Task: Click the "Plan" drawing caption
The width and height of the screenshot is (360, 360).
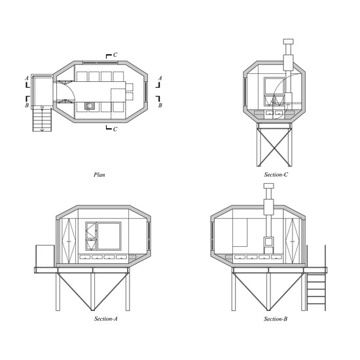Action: [x=99, y=175]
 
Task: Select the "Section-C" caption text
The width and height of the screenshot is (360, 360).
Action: [x=276, y=175]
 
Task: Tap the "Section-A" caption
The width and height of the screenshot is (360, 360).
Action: [x=105, y=319]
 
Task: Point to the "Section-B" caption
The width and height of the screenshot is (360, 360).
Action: [x=276, y=319]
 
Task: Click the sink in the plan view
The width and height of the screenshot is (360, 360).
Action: [x=89, y=106]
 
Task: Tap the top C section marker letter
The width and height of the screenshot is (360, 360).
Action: [x=115, y=55]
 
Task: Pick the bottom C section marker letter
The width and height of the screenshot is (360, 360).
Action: [x=115, y=129]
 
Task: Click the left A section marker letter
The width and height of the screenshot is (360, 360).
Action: [x=27, y=79]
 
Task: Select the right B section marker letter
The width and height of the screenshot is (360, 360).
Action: [x=160, y=105]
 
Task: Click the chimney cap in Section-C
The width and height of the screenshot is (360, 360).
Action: [x=288, y=41]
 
